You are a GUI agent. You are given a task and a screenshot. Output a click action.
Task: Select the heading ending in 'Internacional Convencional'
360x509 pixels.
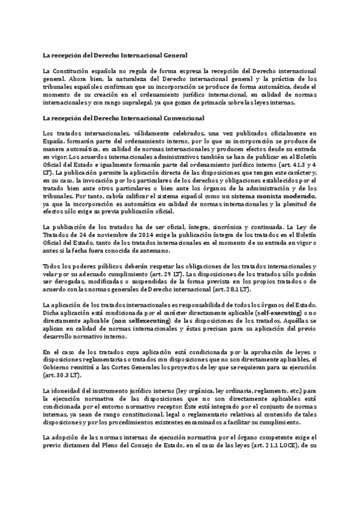click(124, 118)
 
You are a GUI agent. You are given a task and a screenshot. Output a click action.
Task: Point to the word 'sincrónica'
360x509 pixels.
click(224, 227)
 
